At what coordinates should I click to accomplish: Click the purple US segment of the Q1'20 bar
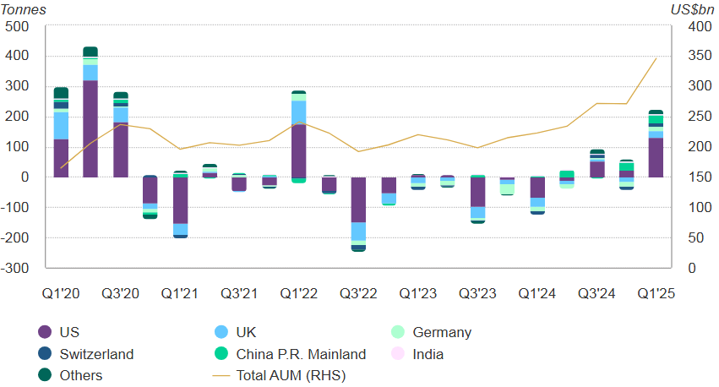point(61,158)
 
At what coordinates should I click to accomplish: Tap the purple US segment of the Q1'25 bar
point(655,157)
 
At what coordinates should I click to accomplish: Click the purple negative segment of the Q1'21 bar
point(180,200)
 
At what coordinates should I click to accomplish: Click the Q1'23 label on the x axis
point(418,293)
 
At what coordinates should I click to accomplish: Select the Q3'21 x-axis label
point(240,293)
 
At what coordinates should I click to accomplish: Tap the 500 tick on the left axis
point(17,26)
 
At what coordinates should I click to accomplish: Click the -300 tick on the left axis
point(15,268)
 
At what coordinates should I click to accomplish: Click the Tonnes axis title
point(23,9)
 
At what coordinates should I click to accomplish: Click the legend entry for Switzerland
point(96,354)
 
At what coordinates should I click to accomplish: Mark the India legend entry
point(428,354)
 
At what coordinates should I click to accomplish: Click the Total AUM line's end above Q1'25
point(656,58)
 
